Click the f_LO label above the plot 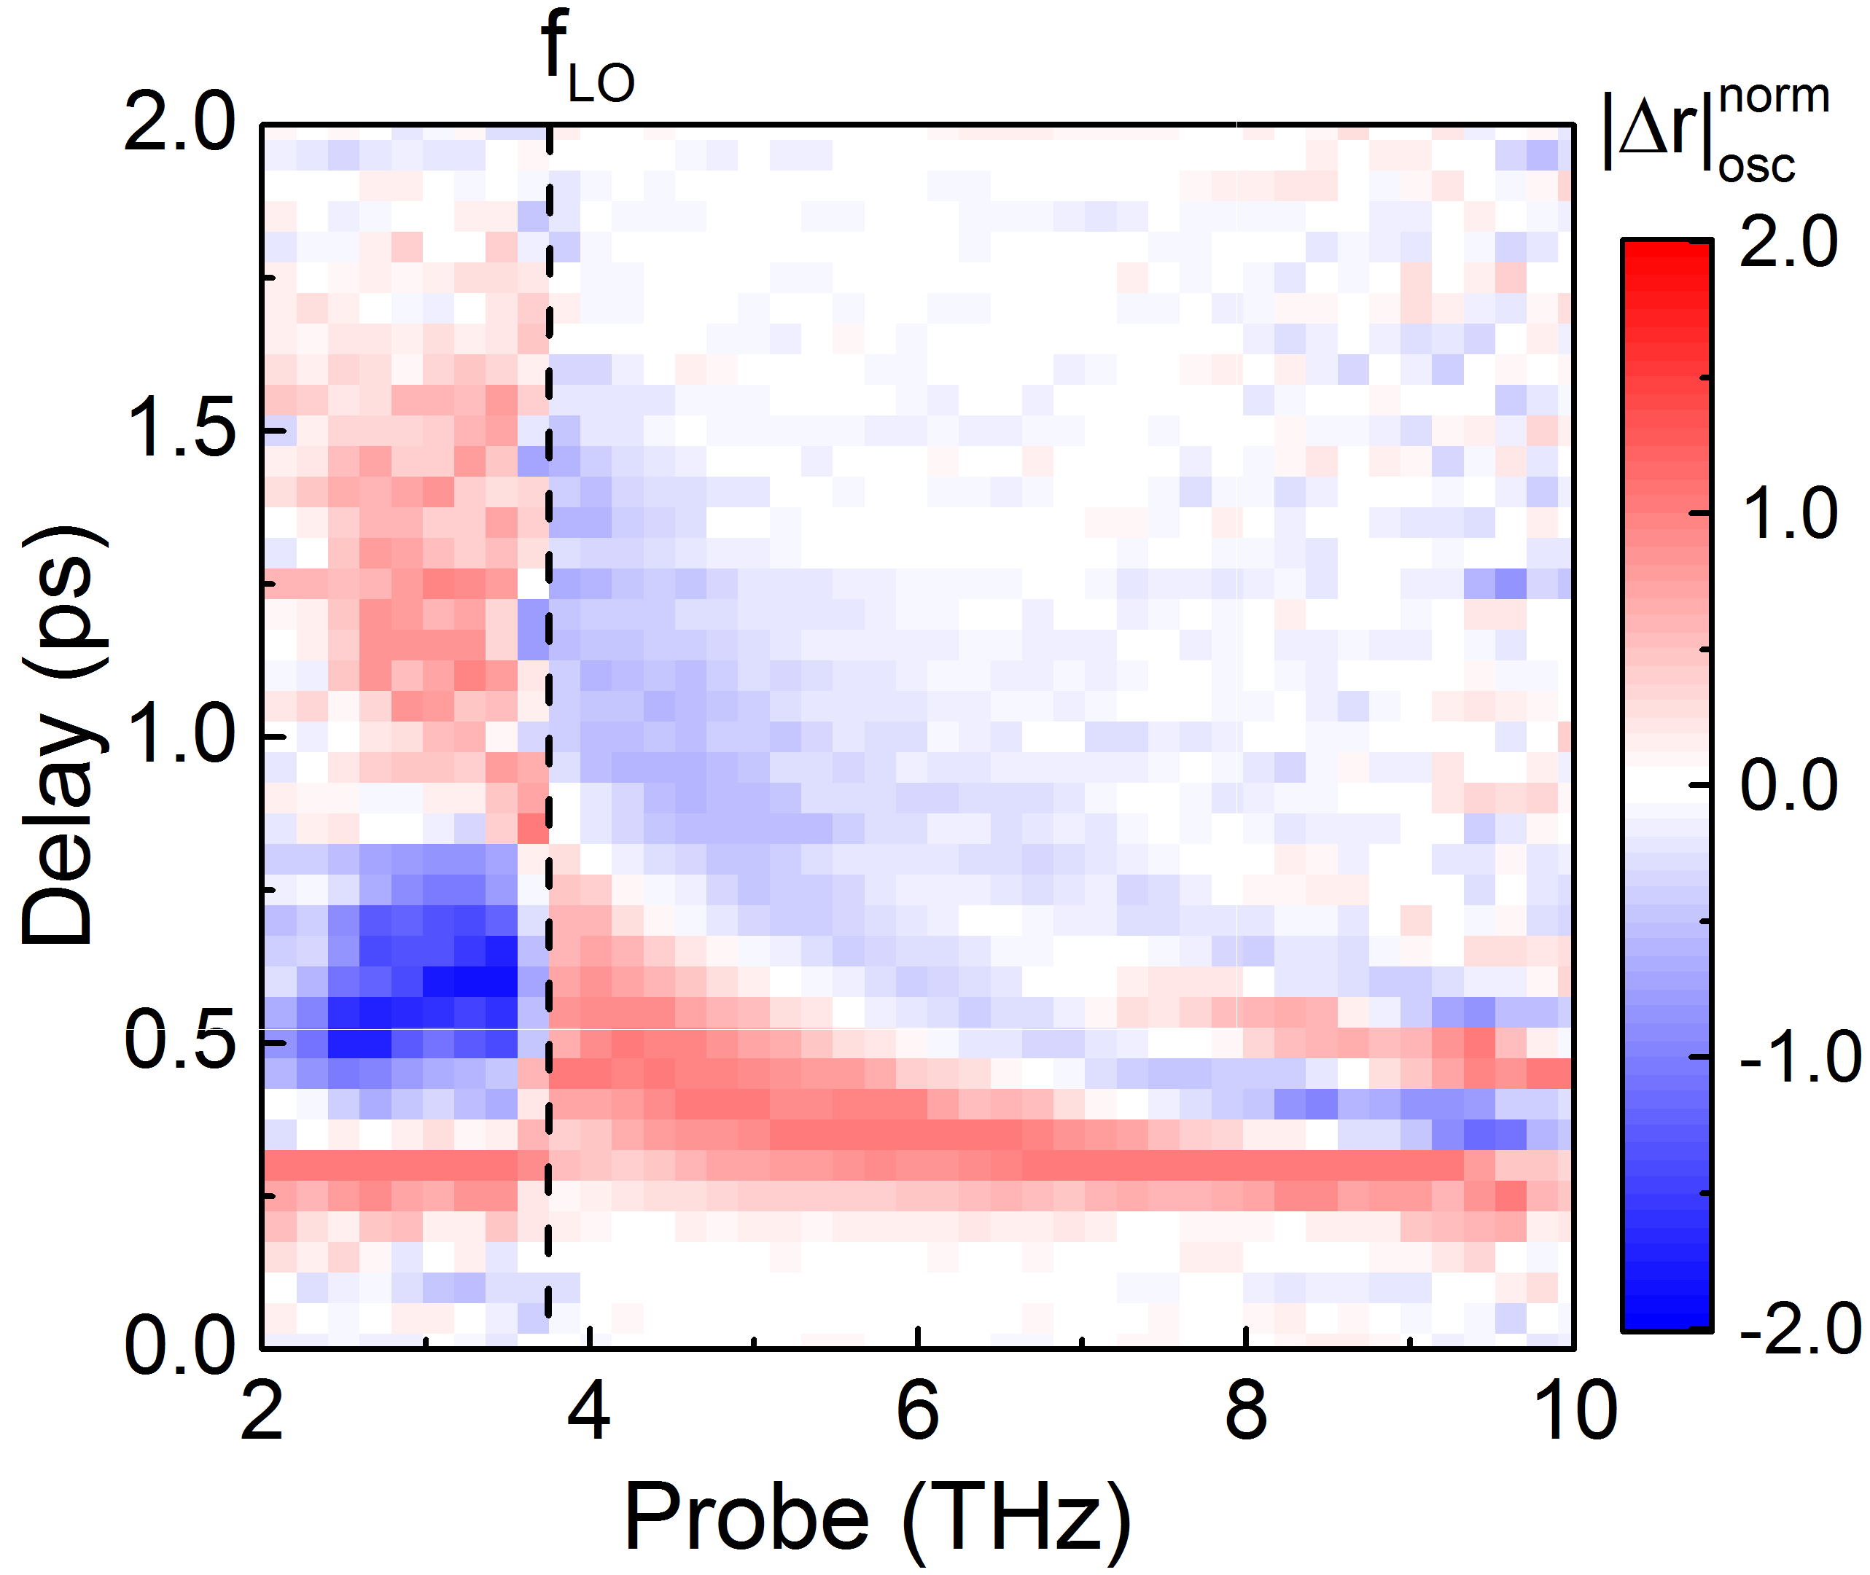click(588, 60)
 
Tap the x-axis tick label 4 click(589, 1411)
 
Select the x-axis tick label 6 click(917, 1411)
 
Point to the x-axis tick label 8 click(1246, 1411)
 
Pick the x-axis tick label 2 click(262, 1411)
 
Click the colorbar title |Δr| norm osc click(1715, 134)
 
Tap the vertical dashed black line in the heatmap click(548, 714)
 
